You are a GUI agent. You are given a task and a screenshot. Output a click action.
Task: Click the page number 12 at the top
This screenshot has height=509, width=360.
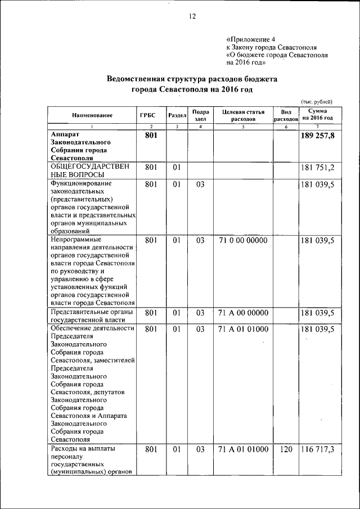[x=191, y=17]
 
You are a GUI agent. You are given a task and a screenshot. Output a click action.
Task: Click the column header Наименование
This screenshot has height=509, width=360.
[x=92, y=115]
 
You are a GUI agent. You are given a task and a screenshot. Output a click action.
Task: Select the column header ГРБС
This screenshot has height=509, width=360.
[x=148, y=115]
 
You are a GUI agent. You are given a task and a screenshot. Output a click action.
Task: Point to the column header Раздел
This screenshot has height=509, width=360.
[x=177, y=115]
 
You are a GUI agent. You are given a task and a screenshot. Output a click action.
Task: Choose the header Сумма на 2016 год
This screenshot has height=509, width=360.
[x=317, y=115]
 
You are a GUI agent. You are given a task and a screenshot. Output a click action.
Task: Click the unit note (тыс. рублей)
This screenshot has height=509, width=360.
[x=317, y=101]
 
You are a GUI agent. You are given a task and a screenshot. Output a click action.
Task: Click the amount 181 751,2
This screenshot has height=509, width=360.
[x=318, y=168]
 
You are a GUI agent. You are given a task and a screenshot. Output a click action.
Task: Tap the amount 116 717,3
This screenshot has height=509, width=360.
[x=318, y=449]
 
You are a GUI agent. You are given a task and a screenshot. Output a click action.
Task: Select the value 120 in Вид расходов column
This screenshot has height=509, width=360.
[x=286, y=449]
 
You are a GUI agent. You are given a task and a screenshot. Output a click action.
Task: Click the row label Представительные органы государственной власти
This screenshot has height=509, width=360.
[x=91, y=317]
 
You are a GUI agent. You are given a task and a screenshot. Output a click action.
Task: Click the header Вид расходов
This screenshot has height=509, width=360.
[x=286, y=115]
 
